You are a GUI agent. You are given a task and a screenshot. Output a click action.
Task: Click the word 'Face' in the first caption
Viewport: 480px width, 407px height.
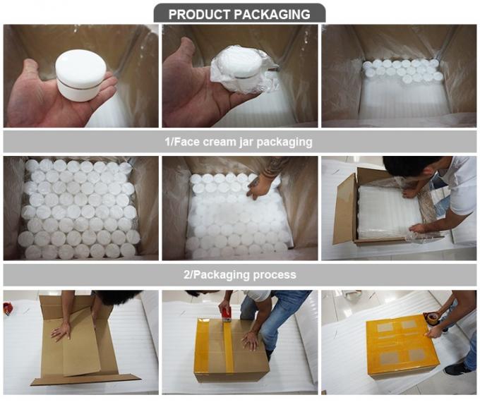(x=187, y=142)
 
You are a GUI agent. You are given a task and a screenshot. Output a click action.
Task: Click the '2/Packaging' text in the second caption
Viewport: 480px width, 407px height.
(x=217, y=274)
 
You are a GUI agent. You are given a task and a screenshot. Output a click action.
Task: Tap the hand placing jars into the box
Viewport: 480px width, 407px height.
(x=258, y=186)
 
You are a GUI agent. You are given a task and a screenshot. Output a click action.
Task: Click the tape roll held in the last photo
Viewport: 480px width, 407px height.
(x=432, y=318)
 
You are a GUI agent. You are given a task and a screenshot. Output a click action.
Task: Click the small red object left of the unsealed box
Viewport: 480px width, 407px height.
(x=8, y=309)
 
